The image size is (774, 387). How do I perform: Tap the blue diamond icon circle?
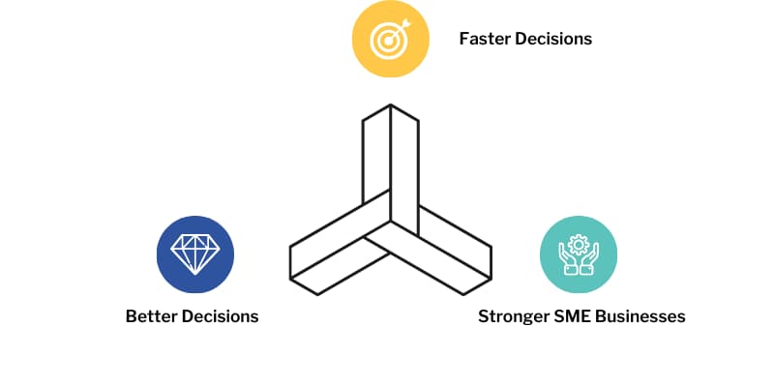coord(195,253)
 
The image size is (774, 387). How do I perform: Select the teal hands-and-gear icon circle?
coord(578,253)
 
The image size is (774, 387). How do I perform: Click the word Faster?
coord(485,40)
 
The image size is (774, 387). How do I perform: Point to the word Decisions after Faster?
coord(553,40)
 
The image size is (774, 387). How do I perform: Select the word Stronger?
coord(514,316)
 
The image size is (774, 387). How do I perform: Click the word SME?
coord(577,316)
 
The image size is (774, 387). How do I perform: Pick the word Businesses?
coord(645,316)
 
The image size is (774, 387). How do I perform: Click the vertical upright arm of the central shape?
coord(391,164)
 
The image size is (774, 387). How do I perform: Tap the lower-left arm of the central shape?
coord(334,252)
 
